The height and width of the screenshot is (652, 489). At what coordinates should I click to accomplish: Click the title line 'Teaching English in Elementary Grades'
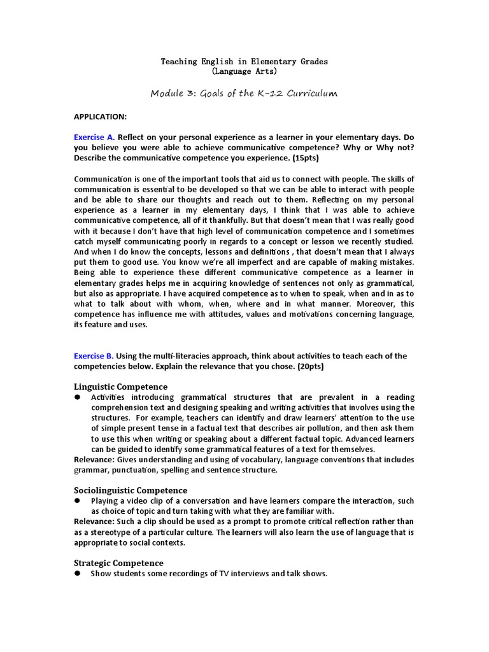(244, 61)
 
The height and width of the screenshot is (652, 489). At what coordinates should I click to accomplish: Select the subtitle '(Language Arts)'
(244, 71)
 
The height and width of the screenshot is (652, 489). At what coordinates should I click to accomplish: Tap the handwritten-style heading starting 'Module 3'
(244, 93)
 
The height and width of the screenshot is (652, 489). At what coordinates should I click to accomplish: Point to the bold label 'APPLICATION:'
(101, 117)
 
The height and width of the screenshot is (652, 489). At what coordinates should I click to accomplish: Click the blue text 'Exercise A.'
(94, 137)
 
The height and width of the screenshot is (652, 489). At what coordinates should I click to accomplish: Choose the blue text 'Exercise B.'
(94, 356)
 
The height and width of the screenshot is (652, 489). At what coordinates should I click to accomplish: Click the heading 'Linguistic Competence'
(121, 386)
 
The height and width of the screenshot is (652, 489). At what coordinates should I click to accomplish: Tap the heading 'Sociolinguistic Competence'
(131, 490)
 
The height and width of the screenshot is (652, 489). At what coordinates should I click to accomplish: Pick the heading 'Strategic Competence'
(118, 563)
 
